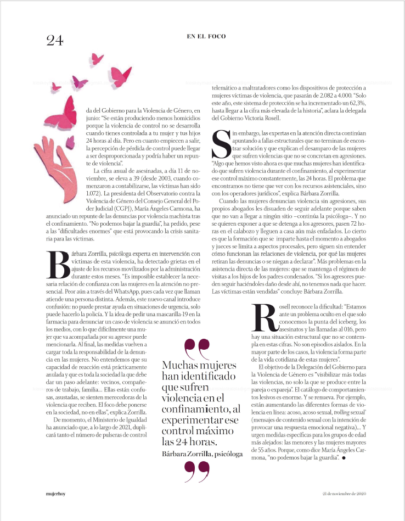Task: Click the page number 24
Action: [55, 41]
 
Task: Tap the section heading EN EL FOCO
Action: [206, 36]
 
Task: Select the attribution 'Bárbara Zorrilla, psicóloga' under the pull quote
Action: [202, 453]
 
